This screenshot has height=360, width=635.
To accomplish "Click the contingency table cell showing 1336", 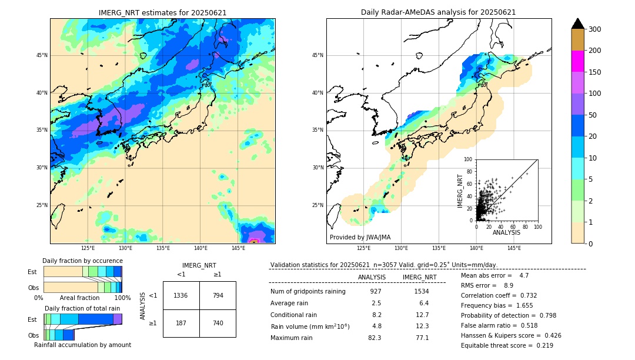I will pos(181,295).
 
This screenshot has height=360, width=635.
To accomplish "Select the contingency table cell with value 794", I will pos(218,295).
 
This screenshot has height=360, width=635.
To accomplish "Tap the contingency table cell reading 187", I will pos(181,323).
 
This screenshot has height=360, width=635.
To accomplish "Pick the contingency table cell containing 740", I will pos(218,323).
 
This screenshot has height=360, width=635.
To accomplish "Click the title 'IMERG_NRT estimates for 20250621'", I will pos(162,12).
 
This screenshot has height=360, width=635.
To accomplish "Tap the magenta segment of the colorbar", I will pos(577,61).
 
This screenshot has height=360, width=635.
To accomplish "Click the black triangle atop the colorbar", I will pos(577,24).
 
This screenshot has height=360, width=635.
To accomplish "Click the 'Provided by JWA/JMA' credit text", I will pos(360,238).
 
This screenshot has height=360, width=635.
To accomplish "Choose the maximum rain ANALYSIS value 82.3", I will pos(375,338).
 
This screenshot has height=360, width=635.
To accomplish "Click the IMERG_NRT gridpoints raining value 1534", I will pos(422,291).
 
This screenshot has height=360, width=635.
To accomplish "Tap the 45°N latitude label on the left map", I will pos(42,55).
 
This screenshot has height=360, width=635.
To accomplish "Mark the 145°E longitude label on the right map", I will pos(514,249).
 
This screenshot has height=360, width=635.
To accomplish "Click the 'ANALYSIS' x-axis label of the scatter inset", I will pos(506,233).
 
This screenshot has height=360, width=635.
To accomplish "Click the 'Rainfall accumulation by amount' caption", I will pos(82,345).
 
